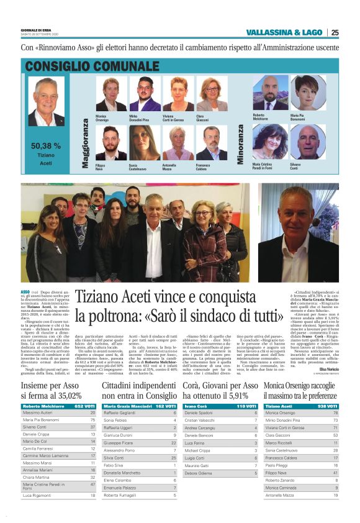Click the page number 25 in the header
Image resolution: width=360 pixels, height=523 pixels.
point(352,33)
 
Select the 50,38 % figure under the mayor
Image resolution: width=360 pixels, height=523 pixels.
point(46,146)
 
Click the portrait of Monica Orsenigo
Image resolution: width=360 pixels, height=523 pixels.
point(110,94)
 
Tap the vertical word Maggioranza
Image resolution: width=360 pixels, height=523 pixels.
point(86,143)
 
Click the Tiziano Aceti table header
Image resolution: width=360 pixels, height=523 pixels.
point(279,406)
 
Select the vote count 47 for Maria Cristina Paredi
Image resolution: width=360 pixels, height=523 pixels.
point(92,484)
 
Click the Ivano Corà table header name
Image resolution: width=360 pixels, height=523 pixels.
point(196,406)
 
